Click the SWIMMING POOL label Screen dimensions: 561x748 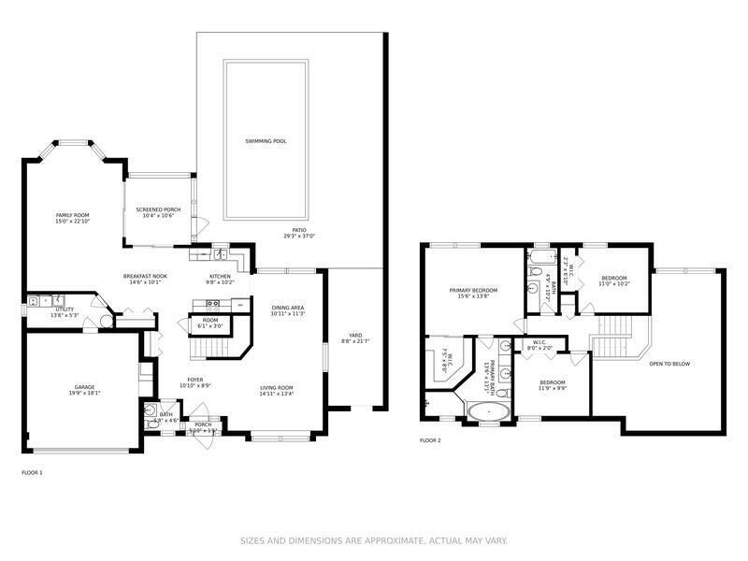point(266,141)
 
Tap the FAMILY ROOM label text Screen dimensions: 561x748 point(71,215)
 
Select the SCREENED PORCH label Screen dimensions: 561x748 point(158,209)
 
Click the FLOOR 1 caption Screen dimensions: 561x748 point(32,473)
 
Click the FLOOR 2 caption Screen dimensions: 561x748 point(430,439)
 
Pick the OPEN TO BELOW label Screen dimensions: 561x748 point(669,364)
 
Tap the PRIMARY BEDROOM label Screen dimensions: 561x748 point(473,291)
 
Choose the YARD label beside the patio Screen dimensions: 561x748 point(355,336)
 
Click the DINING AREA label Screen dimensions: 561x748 point(288,308)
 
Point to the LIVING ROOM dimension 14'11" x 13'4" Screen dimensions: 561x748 point(278,394)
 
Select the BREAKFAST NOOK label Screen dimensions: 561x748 point(145,276)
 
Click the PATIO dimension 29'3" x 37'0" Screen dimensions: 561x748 point(299,236)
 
